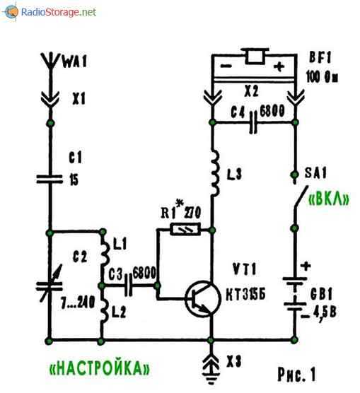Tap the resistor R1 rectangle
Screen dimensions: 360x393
point(185,229)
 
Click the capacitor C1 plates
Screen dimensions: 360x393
point(50,179)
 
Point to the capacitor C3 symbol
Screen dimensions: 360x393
point(128,285)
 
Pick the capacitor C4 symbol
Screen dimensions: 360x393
point(253,122)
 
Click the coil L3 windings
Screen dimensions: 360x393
point(215,173)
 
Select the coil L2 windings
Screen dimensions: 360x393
point(105,311)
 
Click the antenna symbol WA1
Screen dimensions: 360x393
point(51,61)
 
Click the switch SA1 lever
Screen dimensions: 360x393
point(301,197)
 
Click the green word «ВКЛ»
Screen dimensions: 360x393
point(329,199)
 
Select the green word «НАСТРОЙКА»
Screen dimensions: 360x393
point(100,368)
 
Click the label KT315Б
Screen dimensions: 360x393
point(245,295)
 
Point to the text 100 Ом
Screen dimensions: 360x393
point(322,77)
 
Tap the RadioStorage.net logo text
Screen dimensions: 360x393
point(59,12)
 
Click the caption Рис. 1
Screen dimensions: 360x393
point(296,375)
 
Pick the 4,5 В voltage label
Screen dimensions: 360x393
point(325,313)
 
